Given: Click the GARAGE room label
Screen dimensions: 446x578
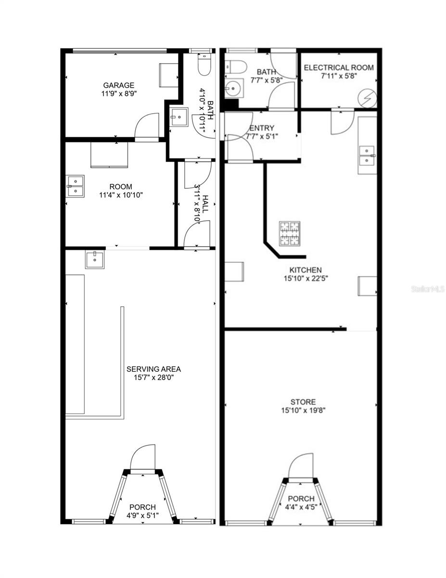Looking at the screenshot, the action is pyautogui.click(x=118, y=85).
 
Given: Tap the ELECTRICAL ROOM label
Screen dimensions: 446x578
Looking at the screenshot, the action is pyautogui.click(x=339, y=67).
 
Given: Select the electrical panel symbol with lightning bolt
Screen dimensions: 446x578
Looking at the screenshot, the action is pyautogui.click(x=368, y=98).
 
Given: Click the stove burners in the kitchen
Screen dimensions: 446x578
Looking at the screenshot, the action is pyautogui.click(x=290, y=233).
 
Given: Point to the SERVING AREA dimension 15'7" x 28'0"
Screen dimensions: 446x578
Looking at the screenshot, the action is pyautogui.click(x=154, y=378).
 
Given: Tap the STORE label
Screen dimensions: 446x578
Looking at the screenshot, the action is pyautogui.click(x=303, y=402).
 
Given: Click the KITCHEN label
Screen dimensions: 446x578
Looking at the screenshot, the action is pyautogui.click(x=305, y=270).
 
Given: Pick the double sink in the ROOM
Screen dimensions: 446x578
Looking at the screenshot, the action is pyautogui.click(x=75, y=186).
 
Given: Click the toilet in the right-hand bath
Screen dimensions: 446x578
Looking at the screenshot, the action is pyautogui.click(x=236, y=67).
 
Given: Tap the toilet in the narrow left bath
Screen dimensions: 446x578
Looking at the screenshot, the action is pyautogui.click(x=204, y=65).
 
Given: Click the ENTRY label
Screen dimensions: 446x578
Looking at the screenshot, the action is pyautogui.click(x=262, y=128).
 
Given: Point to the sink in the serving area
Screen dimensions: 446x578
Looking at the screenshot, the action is pyautogui.click(x=95, y=260).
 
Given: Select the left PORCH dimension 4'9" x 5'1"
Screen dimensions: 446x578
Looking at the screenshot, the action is pyautogui.click(x=142, y=515).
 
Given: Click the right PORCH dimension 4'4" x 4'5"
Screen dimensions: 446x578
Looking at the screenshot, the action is pyautogui.click(x=301, y=507).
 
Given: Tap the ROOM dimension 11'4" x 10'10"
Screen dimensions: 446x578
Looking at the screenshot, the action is pyautogui.click(x=121, y=195).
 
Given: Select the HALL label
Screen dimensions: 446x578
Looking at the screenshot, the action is pyautogui.click(x=205, y=204).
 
